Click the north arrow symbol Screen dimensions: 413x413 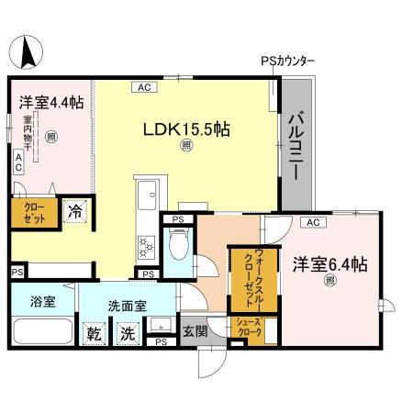(x=28, y=49)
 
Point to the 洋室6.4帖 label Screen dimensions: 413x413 (x=329, y=264)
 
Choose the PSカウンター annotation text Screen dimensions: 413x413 (x=286, y=61)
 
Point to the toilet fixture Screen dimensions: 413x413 (x=179, y=247)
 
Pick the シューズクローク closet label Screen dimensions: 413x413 (x=250, y=327)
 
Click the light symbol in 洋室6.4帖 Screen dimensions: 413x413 (x=329, y=281)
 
